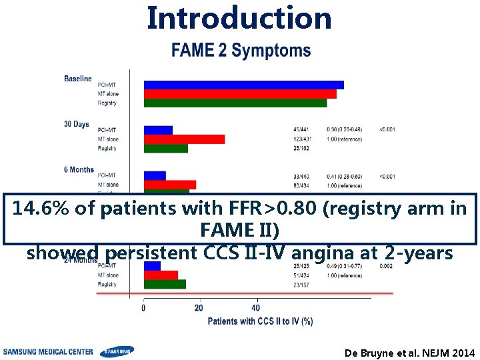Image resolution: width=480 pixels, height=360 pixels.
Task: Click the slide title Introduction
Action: pyautogui.click(x=239, y=17)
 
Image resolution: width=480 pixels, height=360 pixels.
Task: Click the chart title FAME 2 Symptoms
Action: pyautogui.click(x=241, y=51)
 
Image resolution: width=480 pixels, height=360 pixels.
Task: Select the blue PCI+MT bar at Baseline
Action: pyautogui.click(x=244, y=85)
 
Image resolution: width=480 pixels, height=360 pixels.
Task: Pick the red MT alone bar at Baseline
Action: pyautogui.click(x=240, y=94)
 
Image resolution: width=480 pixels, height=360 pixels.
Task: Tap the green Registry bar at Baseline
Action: pyautogui.click(x=235, y=103)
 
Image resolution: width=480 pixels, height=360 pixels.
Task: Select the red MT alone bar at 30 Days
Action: pyautogui.click(x=185, y=139)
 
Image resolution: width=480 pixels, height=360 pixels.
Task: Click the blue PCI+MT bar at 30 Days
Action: pyautogui.click(x=159, y=130)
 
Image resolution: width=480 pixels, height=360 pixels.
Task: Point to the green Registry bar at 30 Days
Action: pyautogui.click(x=166, y=149)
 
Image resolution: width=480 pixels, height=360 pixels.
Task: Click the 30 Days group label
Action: pyautogui.click(x=76, y=124)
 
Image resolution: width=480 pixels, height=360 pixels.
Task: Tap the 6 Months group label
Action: pyautogui.click(x=79, y=170)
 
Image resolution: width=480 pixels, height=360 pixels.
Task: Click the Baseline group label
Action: pyautogui.click(x=78, y=79)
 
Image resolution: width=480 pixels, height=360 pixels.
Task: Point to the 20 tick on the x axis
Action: pyautogui.click(x=199, y=308)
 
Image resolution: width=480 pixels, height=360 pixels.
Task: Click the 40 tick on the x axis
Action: pyautogui.click(x=255, y=308)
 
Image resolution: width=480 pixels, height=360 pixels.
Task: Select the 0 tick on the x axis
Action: pyautogui.click(x=144, y=308)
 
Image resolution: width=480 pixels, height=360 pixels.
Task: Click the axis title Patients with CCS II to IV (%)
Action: pyautogui.click(x=260, y=321)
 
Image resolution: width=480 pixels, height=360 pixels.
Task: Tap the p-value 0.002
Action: pyautogui.click(x=387, y=266)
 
